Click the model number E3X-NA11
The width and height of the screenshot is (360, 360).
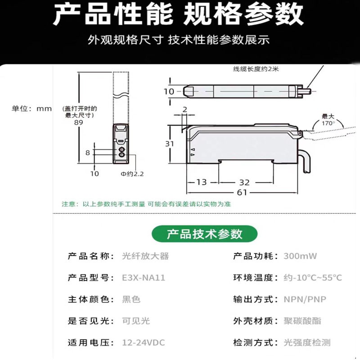[144, 278]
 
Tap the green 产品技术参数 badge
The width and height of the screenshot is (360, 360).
[205, 234]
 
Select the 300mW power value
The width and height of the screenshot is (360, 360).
[300, 256]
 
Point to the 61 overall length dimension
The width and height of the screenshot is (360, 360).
[242, 192]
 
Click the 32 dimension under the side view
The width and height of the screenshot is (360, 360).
[244, 183]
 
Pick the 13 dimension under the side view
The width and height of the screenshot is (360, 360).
[202, 182]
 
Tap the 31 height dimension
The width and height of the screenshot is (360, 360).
[170, 144]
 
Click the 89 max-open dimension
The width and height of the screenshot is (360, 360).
[78, 122]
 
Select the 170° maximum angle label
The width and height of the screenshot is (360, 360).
[328, 123]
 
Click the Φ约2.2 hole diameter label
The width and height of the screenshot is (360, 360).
[132, 174]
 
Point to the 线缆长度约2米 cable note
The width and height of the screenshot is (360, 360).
[256, 69]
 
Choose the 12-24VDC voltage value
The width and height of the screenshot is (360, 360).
[144, 342]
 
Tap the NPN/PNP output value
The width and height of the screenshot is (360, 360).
[305, 299]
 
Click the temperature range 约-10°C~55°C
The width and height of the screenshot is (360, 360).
[313, 278]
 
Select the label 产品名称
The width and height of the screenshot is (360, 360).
[88, 256]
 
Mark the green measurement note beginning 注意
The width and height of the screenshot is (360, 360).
[146, 204]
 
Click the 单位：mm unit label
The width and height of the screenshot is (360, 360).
[31, 108]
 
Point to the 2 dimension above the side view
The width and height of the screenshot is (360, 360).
[185, 109]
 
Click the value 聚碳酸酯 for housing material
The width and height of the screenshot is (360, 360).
[302, 321]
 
